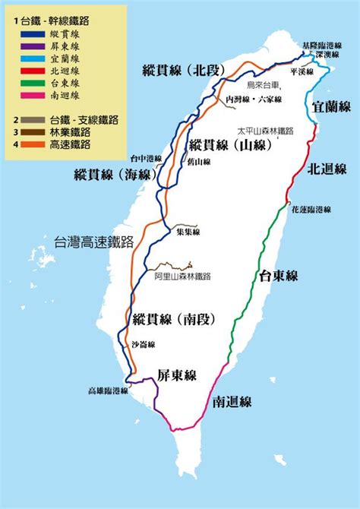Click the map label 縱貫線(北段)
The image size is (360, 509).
[x=185, y=71]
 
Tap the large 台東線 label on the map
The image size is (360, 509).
[x=279, y=274]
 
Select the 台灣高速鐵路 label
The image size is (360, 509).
[x=93, y=242]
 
